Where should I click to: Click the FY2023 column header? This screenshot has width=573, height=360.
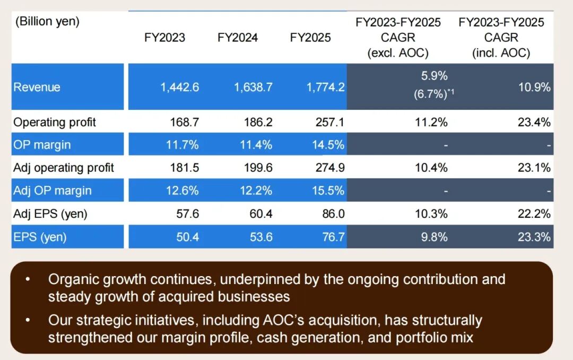click(x=164, y=38)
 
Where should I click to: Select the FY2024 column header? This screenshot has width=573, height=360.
click(x=238, y=38)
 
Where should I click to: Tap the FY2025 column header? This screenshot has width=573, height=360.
click(x=310, y=38)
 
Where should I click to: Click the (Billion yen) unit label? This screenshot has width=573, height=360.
click(x=47, y=22)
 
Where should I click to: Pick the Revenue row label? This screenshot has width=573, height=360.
click(x=37, y=88)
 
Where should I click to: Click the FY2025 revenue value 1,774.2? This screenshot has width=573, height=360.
click(x=325, y=88)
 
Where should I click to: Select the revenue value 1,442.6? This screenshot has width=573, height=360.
click(x=180, y=88)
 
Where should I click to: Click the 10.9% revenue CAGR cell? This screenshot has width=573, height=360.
click(x=535, y=88)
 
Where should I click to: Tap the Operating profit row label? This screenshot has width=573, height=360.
click(x=55, y=122)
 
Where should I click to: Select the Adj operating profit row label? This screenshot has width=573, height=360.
click(x=64, y=168)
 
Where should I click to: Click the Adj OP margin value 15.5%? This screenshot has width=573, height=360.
click(x=328, y=191)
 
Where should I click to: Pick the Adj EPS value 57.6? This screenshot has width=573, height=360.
click(x=187, y=214)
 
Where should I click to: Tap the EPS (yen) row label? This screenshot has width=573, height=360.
click(x=40, y=237)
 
